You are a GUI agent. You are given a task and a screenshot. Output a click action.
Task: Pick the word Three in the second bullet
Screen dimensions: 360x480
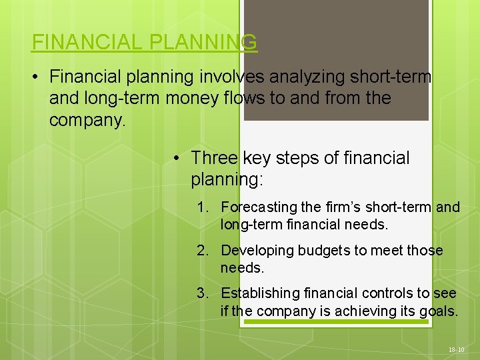pos(214,158)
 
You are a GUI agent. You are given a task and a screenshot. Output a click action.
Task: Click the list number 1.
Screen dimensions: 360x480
pos(203,207)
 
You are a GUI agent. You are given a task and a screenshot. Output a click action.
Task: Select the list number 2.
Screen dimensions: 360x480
pos(203,251)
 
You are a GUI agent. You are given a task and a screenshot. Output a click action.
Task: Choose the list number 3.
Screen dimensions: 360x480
pos(203,293)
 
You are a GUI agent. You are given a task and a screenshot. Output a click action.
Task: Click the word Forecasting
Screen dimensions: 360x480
pos(257,207)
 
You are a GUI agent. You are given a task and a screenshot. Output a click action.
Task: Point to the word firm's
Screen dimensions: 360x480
pos(341,207)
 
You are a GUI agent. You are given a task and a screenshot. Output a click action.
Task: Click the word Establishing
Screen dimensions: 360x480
pos(261,293)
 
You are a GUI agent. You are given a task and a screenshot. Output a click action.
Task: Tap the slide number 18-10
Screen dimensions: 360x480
pos(455,349)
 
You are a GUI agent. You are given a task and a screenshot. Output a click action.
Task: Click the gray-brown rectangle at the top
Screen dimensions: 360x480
pos(336,60)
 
